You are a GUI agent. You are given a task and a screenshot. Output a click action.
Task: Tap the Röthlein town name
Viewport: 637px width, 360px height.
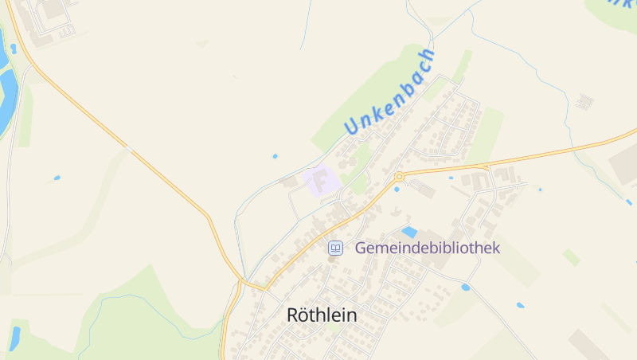[322, 315]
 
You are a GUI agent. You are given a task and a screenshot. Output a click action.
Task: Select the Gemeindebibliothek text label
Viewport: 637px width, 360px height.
[428, 248]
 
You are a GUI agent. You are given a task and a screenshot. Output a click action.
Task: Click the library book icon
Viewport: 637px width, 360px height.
[336, 248]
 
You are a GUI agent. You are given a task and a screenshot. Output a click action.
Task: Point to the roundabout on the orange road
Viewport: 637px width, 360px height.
[399, 176]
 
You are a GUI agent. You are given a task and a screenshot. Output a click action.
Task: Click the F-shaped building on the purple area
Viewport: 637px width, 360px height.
[321, 180]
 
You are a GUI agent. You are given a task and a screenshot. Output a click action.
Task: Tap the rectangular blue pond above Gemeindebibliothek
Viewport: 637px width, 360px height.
[409, 232]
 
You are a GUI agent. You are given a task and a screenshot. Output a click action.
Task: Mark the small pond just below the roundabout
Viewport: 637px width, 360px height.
[397, 189]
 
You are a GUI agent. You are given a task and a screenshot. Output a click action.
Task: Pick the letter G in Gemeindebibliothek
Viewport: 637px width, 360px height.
[361, 248]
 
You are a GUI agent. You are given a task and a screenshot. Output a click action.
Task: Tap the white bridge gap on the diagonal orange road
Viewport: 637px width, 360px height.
[127, 147]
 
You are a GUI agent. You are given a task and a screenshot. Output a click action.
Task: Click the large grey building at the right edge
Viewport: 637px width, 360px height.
[624, 163]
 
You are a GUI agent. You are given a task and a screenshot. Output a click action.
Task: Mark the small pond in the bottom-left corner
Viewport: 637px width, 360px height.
[14, 338]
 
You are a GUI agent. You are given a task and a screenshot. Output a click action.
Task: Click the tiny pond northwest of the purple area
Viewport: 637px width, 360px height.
[275, 155]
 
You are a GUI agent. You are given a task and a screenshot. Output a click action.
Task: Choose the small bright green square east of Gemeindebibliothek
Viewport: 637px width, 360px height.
[571, 257]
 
